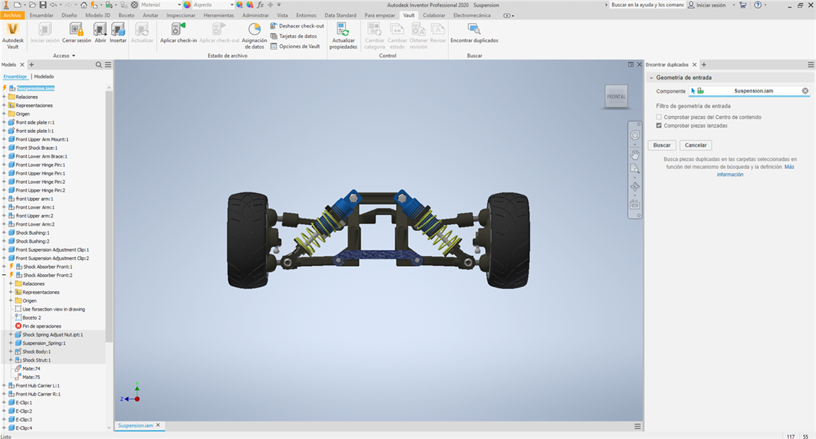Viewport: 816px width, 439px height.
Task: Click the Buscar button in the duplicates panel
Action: (661, 145)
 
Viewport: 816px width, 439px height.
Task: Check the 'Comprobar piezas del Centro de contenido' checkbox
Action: (659, 117)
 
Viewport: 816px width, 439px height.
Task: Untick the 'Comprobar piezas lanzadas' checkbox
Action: (659, 126)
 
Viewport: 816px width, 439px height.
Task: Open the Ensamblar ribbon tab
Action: (42, 16)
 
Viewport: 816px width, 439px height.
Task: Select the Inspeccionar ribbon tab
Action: (181, 16)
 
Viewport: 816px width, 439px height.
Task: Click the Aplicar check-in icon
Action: (178, 29)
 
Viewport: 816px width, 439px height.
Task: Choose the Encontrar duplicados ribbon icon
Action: (474, 29)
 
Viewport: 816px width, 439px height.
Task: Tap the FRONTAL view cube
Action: (616, 97)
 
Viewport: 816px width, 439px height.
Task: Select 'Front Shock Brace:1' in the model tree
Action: (36, 148)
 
